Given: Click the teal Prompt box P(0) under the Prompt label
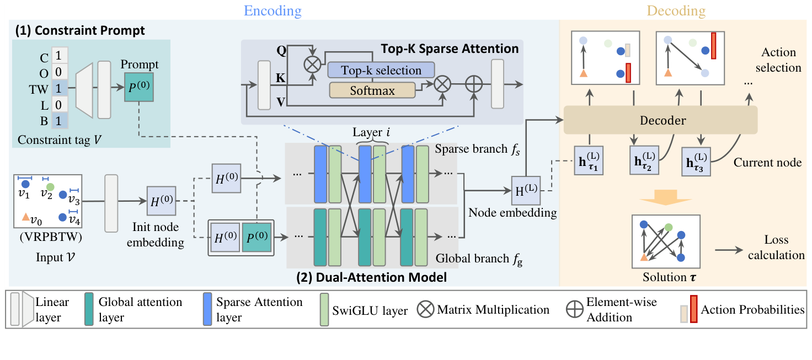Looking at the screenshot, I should tap(139, 87).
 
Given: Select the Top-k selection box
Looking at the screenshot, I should tap(381, 71).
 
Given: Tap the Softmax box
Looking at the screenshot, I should tap(373, 90).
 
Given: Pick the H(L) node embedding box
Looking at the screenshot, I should tap(525, 191).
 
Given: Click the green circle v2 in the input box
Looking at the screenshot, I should tap(50, 187).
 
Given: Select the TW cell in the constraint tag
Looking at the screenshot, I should tap(60, 88).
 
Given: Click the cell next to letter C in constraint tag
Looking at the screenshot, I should tap(60, 56).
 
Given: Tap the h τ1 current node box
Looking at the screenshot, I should tap(588, 160).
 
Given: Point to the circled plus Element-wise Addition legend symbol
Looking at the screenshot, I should tap(575, 309).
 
